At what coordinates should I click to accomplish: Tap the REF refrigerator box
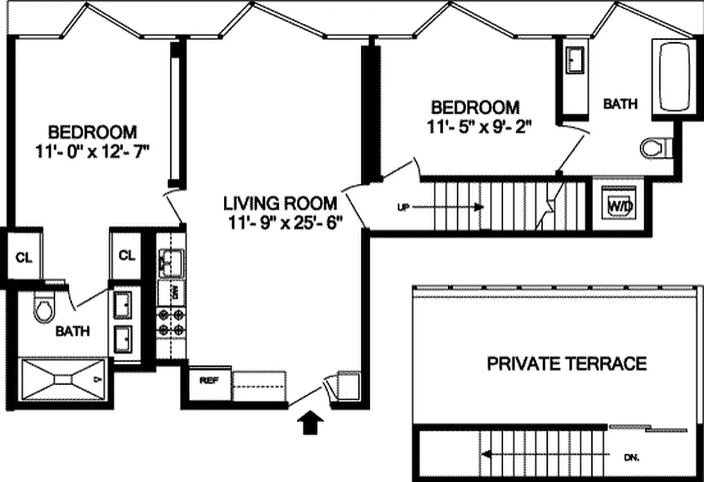209,381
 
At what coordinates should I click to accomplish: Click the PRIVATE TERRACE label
566,364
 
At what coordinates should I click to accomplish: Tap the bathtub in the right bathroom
674,77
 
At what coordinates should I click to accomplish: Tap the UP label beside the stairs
404,207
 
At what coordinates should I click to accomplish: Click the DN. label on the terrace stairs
632,457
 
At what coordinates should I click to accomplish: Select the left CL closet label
23,257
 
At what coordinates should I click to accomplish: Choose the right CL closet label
127,255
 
